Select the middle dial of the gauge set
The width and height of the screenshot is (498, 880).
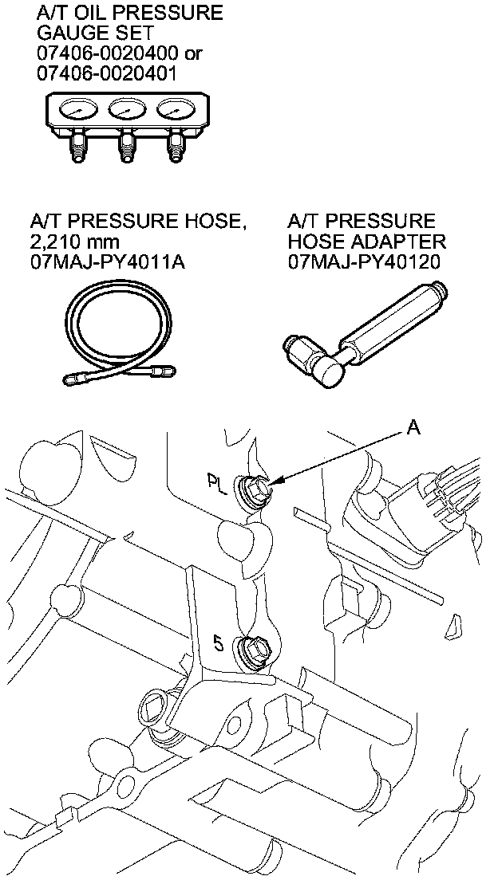(x=127, y=109)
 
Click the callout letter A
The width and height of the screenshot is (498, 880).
(x=413, y=429)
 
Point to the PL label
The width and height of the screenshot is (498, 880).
(x=216, y=483)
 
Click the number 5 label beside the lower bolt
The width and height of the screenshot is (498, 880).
(x=218, y=640)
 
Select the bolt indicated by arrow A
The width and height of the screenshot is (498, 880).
(x=257, y=489)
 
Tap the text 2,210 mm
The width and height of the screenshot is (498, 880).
(x=69, y=242)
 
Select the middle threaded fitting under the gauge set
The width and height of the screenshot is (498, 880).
(x=125, y=147)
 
